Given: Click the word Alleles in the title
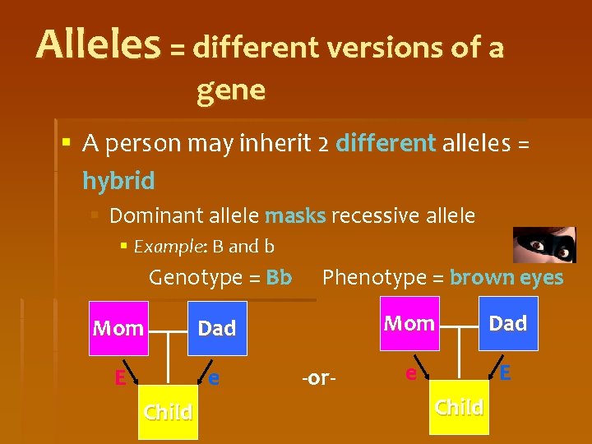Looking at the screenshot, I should tap(98, 45).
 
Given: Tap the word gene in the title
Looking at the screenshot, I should tap(231, 90).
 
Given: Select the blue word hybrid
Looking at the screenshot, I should tap(118, 180).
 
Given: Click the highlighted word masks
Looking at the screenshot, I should tap(295, 216).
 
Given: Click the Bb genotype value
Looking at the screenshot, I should tap(279, 278).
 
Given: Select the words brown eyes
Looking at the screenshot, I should tap(506, 278).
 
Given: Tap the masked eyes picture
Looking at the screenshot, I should tap(544, 245).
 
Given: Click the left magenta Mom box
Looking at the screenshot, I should tap(118, 328).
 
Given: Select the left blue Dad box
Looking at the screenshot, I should tap(217, 328).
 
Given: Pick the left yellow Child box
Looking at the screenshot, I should tap(168, 411).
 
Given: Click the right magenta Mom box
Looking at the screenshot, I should tap(409, 323).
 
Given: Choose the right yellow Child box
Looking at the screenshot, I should tap(459, 407).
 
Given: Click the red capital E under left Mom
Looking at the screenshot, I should tap(120, 378).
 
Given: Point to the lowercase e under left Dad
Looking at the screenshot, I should tap(214, 378).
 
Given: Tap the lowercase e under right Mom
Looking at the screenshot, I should tap(410, 373).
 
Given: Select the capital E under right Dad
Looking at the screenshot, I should tap(505, 372).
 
